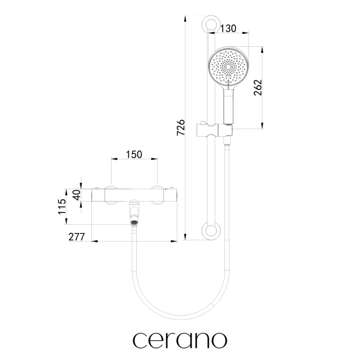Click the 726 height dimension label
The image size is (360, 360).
[x=181, y=127]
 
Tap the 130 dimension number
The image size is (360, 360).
[x=228, y=28]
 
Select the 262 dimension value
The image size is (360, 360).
[x=258, y=87]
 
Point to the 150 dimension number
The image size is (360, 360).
[x=134, y=154]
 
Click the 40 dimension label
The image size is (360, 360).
[x=77, y=195]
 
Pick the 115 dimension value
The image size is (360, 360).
[x=62, y=207]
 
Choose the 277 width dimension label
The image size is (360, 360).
[x=76, y=237]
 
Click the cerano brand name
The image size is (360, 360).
[x=180, y=340]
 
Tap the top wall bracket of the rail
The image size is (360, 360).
[x=211, y=25]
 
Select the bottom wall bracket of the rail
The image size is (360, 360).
[x=211, y=231]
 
